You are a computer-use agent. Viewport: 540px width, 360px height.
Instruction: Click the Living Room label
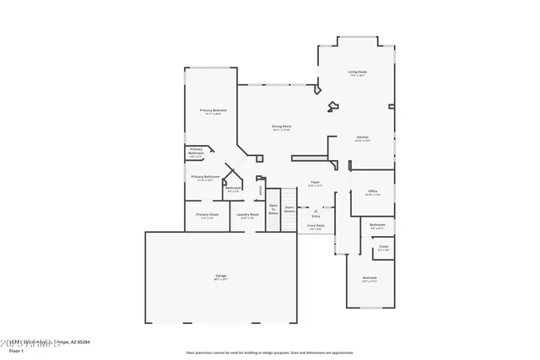(x=357, y=72)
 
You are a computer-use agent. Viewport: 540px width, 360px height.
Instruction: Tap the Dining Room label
(x=281, y=126)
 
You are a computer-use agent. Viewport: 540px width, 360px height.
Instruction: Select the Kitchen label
(x=362, y=137)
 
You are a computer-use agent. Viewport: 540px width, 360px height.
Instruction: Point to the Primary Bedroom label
(x=213, y=110)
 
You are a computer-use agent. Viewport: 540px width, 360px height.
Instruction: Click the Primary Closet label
(x=207, y=214)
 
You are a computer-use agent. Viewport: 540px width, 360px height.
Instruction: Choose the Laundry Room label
(x=247, y=214)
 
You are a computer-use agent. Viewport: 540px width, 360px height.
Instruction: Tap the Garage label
(x=221, y=276)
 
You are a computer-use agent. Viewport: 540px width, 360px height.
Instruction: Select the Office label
(x=372, y=191)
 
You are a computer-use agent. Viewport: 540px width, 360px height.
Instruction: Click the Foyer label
(x=314, y=181)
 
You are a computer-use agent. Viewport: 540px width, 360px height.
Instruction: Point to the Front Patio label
(x=316, y=225)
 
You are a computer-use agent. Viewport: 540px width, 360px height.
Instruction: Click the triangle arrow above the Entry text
(x=316, y=211)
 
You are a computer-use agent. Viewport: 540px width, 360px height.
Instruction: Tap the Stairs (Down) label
(x=289, y=208)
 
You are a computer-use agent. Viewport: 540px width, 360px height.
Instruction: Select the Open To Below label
(x=273, y=208)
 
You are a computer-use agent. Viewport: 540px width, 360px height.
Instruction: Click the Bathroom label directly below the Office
(x=377, y=224)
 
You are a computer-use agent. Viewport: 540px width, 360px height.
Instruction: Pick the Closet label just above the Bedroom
(x=383, y=246)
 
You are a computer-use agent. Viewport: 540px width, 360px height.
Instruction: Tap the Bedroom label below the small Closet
(x=370, y=277)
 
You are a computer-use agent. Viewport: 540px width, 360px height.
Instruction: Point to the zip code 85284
(x=81, y=341)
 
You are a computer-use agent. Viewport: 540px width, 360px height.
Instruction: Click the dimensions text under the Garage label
(x=221, y=280)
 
